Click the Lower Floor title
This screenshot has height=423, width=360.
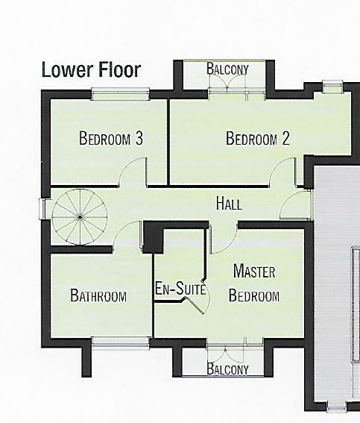click(91, 70)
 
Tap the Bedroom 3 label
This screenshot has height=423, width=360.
click(111, 138)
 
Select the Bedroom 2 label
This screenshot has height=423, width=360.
click(258, 139)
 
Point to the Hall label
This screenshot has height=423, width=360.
click(229, 204)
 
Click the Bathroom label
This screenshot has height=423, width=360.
click(98, 295)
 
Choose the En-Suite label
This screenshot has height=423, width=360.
click(180, 289)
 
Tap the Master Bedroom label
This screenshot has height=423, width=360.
click(254, 283)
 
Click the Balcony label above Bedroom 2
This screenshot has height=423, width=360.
click(227, 69)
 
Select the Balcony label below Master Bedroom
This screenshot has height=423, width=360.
click(227, 369)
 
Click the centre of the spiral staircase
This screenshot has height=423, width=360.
click(80, 217)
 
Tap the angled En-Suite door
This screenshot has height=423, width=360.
click(195, 305)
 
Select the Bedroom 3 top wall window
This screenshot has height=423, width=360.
click(120, 94)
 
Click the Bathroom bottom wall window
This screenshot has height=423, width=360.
click(120, 343)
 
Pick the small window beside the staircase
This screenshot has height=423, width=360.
click(42, 209)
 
